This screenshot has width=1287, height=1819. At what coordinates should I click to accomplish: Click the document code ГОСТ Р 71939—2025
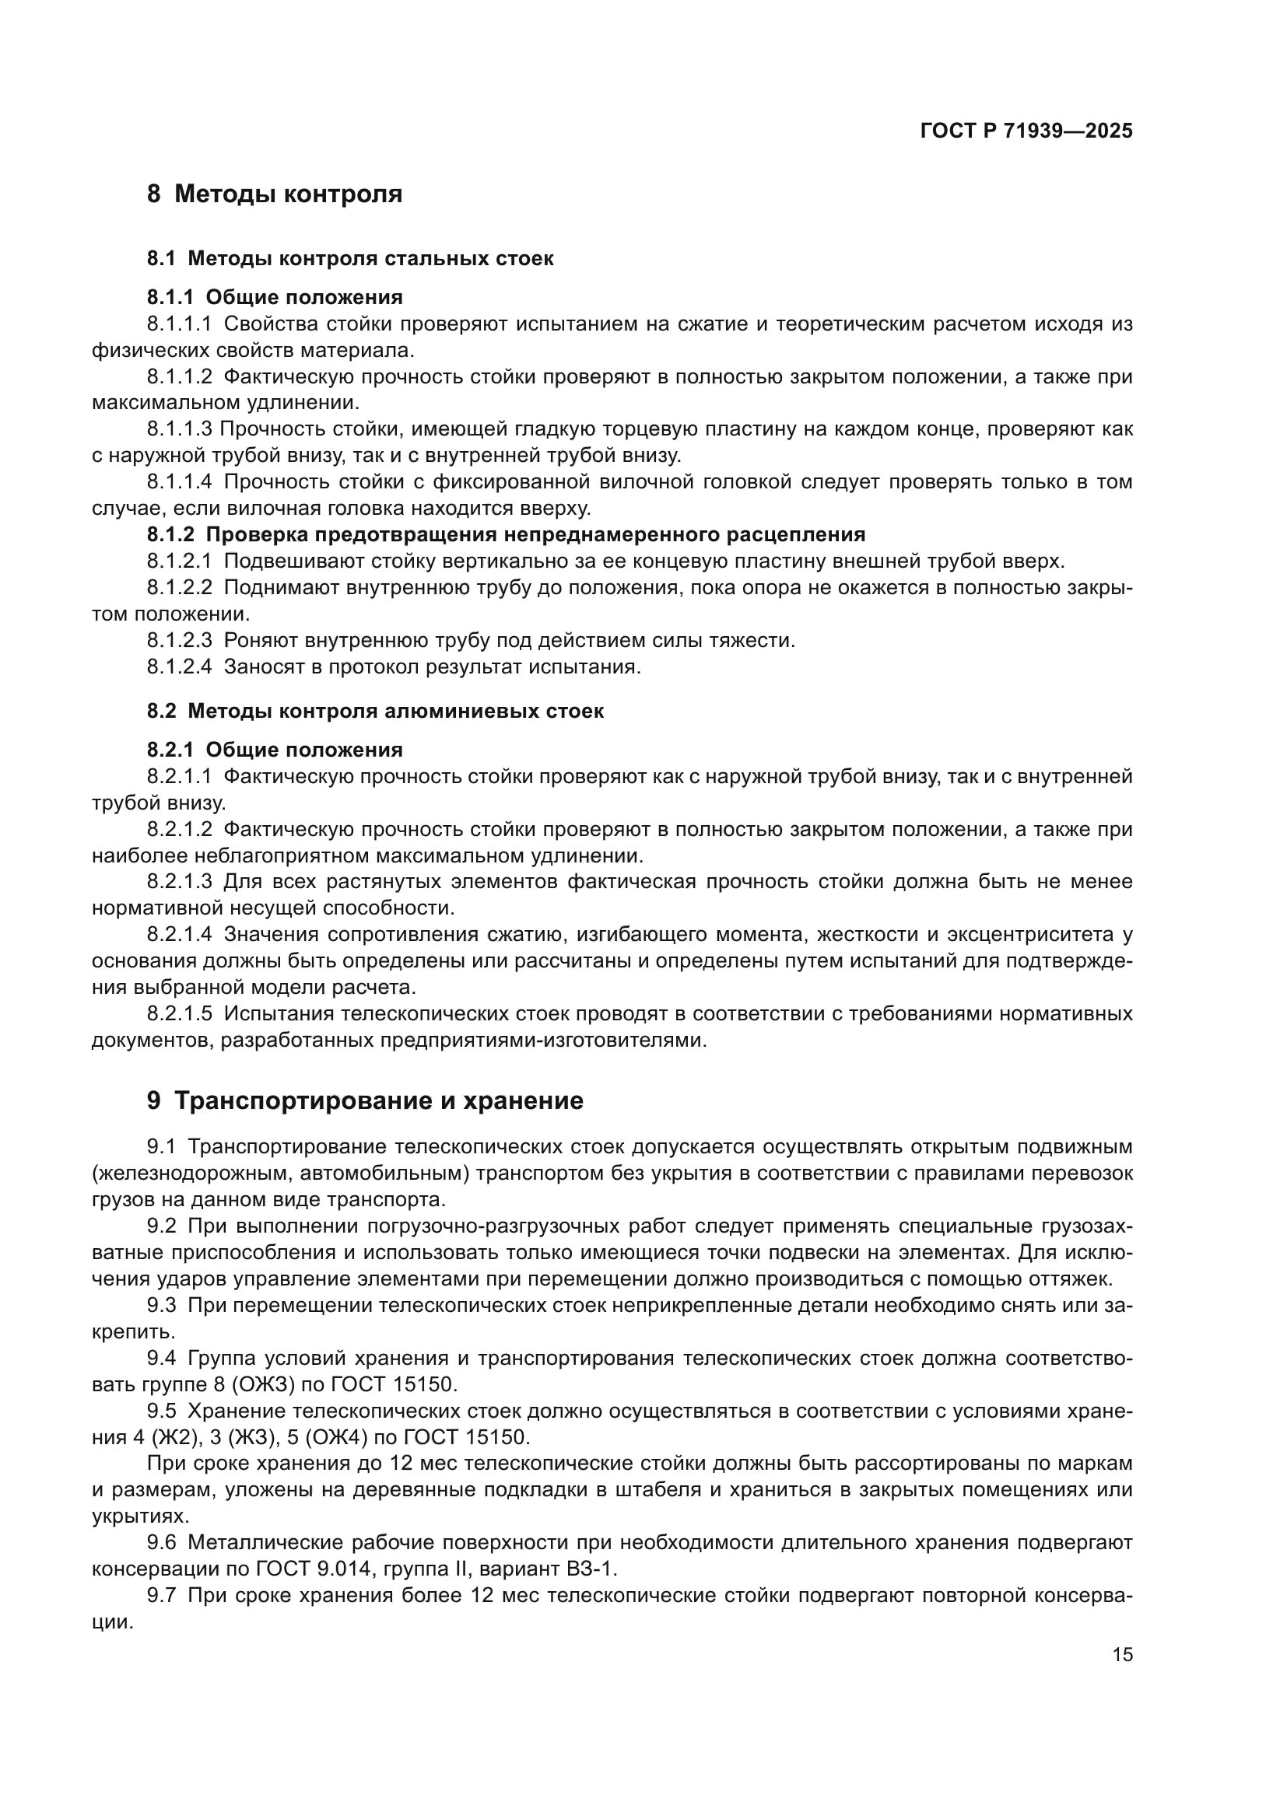1026,131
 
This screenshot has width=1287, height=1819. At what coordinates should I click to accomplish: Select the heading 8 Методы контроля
274,194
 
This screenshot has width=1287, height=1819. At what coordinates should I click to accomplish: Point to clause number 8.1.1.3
180,429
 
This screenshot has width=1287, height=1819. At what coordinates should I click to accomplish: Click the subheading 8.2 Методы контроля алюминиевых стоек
375,711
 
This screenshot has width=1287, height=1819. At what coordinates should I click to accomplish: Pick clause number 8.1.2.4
180,666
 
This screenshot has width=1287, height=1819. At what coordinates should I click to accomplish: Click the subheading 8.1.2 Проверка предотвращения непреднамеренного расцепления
506,535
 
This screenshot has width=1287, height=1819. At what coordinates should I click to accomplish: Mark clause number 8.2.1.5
180,1013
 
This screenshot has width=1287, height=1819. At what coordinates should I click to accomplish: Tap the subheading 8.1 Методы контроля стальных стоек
349,258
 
